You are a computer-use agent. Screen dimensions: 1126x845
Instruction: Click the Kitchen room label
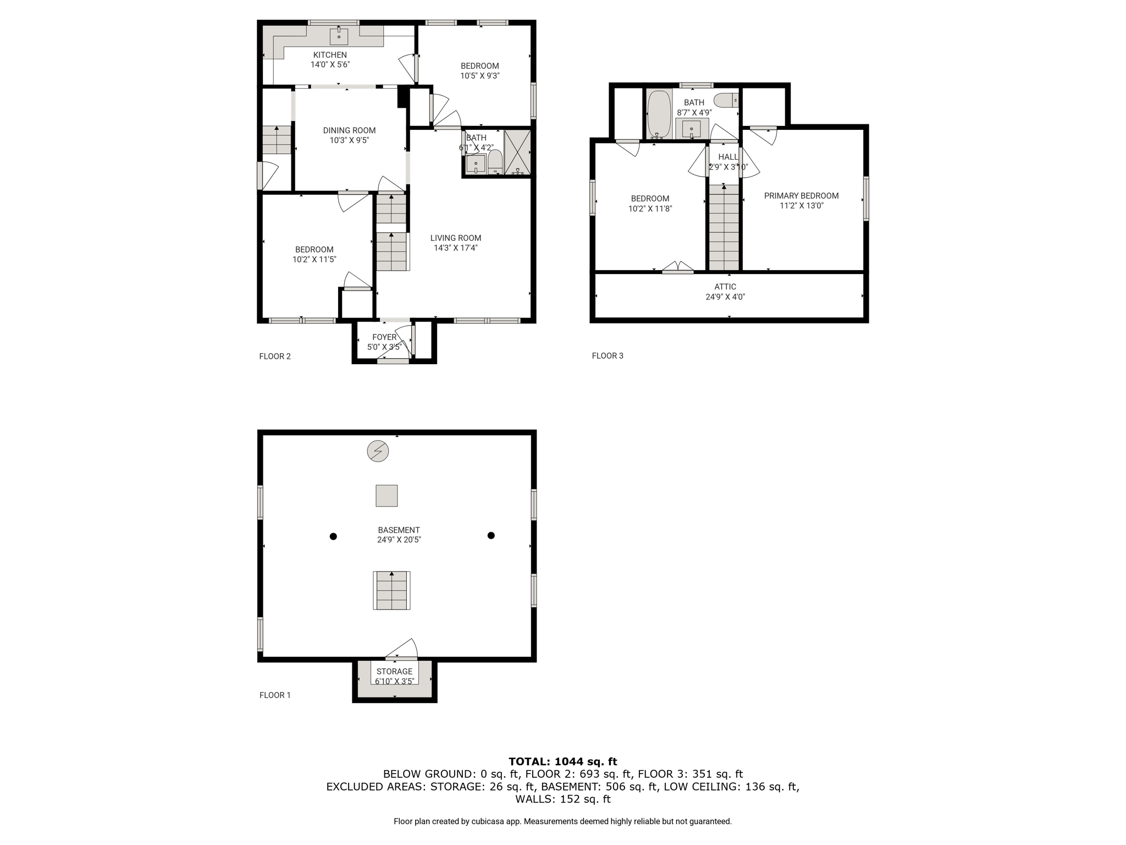coord(330,55)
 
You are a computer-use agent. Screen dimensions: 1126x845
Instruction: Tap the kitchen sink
coord(339,36)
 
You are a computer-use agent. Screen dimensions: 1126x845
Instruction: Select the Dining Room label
coord(349,130)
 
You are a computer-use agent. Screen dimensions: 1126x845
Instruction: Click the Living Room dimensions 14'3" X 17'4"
coord(456,248)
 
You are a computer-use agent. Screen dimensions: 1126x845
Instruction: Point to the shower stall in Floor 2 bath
coord(518,152)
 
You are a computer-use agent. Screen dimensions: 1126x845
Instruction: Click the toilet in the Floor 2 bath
coord(495,162)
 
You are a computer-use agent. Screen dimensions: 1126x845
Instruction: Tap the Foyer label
coord(384,337)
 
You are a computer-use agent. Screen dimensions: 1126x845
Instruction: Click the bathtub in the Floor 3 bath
coord(659,114)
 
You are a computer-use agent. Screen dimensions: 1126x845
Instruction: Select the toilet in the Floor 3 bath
coord(726,100)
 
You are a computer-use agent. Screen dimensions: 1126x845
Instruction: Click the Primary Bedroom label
coord(802,196)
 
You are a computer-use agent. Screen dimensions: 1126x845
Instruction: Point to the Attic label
coord(725,287)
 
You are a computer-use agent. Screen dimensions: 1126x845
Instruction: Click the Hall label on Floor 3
coord(728,157)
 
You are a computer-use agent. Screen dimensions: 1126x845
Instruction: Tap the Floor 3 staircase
coord(724,228)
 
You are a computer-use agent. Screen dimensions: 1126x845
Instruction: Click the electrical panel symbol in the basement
coord(378,451)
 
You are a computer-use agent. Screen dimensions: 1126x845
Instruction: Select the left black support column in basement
coord(333,536)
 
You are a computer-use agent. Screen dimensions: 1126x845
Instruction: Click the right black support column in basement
coord(491,535)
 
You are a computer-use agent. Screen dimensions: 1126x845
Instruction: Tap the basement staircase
coord(391,590)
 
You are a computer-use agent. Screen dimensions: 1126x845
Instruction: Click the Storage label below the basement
coord(395,671)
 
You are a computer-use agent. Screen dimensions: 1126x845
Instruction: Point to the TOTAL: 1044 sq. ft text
coord(563,761)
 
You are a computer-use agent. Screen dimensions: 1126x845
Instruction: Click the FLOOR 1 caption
coord(275,695)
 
